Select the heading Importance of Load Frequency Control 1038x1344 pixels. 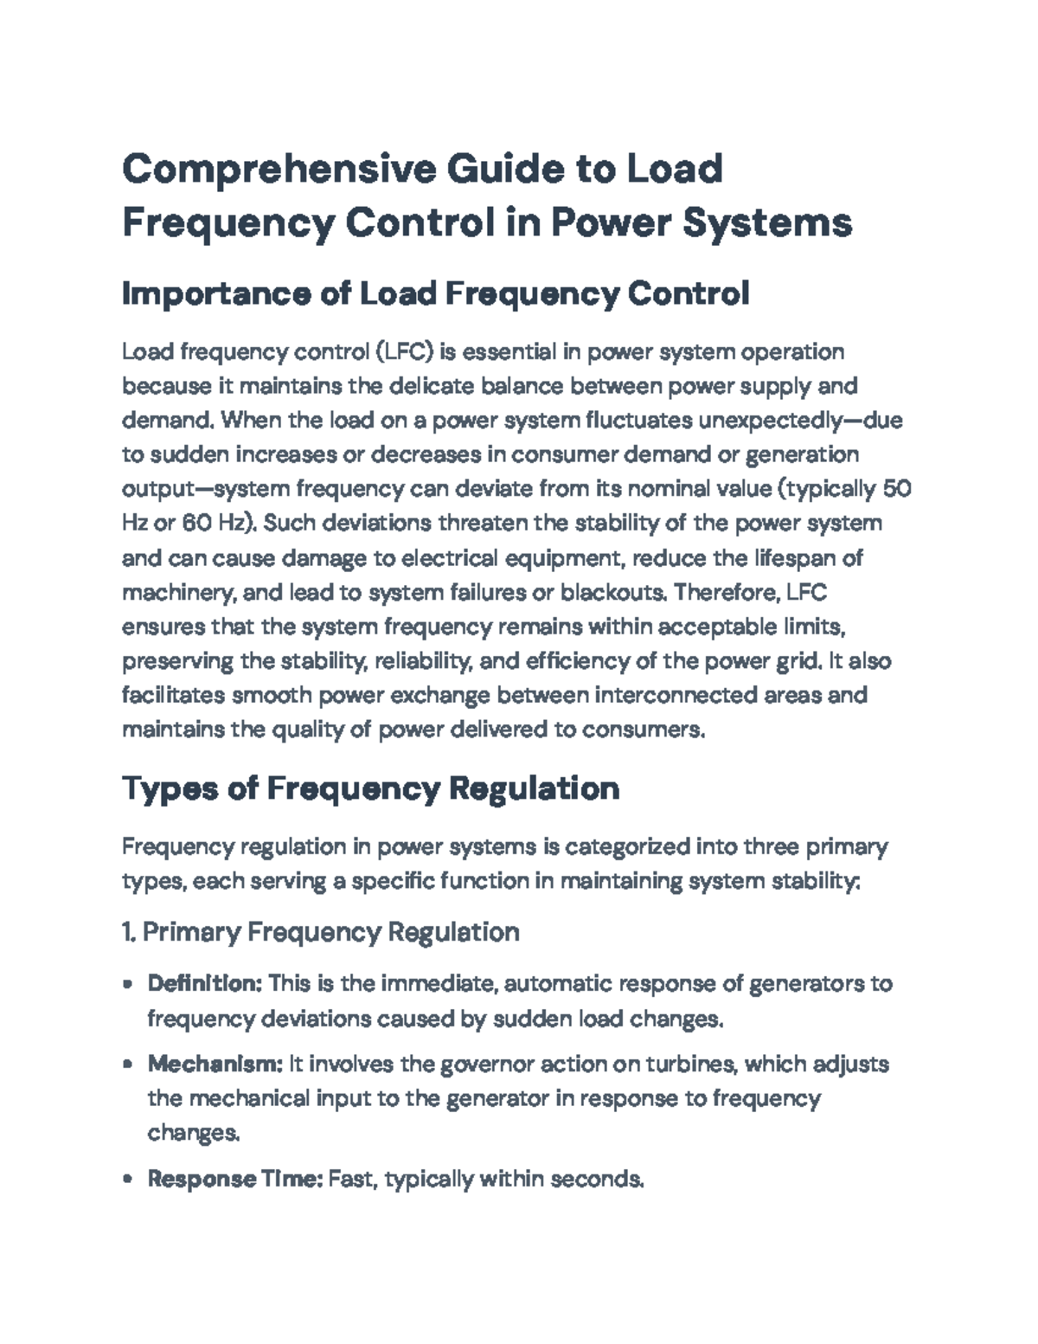coord(435,295)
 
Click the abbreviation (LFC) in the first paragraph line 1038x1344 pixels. coord(405,352)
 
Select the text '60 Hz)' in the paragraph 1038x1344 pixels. coord(218,524)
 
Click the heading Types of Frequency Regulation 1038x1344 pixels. coord(370,789)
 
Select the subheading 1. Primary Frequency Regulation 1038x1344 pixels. coord(321,932)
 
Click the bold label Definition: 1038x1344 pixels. coord(205,984)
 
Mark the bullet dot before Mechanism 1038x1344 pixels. coord(128,1064)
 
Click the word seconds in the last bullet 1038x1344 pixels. coord(597,1179)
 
